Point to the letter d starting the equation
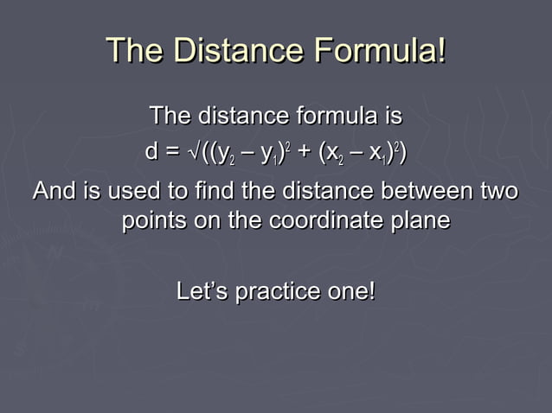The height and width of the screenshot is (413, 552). click(x=152, y=153)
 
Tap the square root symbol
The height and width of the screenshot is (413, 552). click(x=192, y=153)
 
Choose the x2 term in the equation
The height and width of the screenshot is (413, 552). click(x=334, y=156)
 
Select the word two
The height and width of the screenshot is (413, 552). click(x=497, y=191)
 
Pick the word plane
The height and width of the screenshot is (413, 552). click(x=420, y=220)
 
